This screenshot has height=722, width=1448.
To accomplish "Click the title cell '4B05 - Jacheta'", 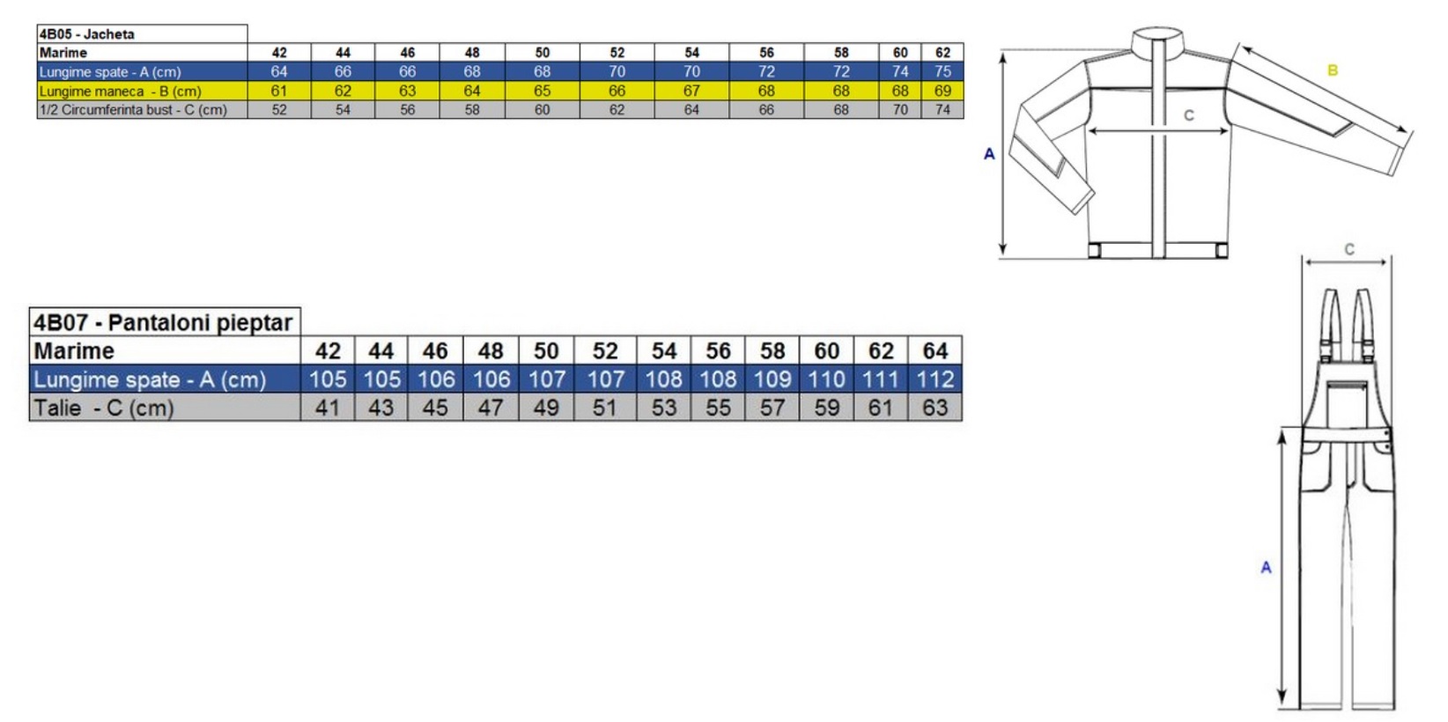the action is coord(86,34).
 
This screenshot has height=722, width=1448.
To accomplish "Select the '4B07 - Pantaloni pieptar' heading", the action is coord(163,322).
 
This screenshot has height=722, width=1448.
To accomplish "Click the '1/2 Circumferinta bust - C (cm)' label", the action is coord(133,110).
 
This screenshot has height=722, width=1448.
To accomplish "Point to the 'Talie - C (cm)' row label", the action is coord(104,408).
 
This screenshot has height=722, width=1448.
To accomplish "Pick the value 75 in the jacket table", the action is coord(942,71).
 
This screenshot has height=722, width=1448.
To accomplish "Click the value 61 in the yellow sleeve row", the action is coord(278,92).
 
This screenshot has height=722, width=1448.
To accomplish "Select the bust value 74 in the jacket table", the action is coord(942,110).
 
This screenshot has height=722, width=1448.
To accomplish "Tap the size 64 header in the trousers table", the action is coord(935,351).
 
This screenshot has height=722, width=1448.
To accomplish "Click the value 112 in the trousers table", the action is coord(935,379).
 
